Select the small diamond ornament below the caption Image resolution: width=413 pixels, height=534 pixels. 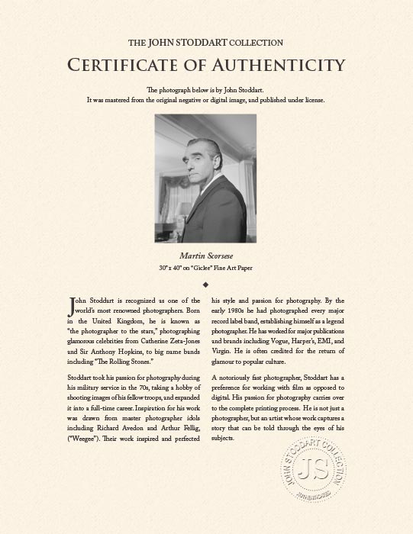coord(206,284)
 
